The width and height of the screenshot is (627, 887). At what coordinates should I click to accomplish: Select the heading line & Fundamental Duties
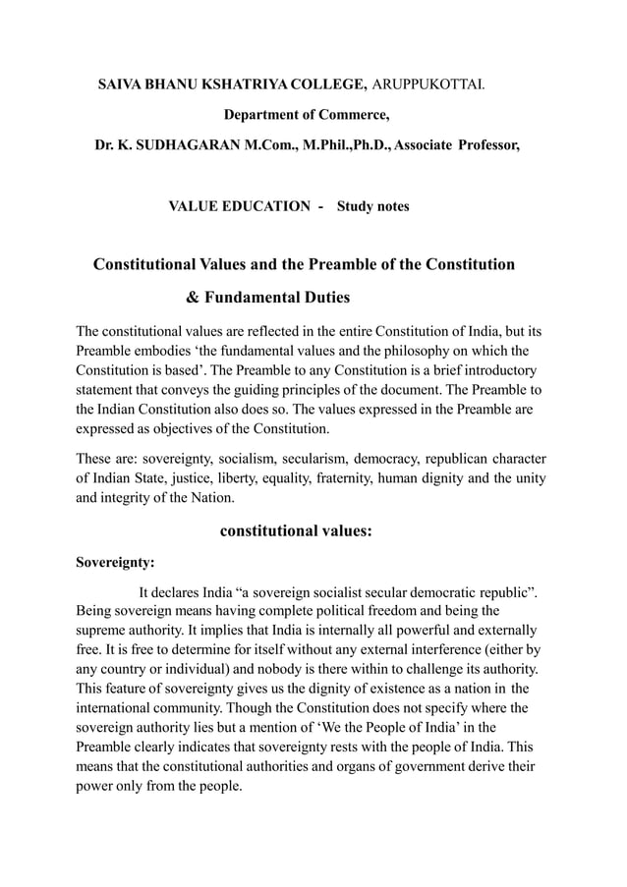point(268,297)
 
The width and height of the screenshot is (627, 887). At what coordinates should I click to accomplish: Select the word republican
point(461,458)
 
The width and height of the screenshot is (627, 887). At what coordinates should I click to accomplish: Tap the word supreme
point(101,629)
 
